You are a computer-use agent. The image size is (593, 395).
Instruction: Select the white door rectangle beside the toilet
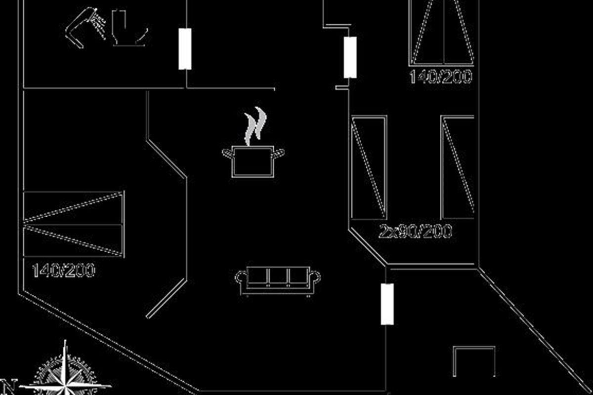(x=185, y=49)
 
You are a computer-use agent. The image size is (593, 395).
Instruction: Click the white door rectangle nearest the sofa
(x=387, y=304)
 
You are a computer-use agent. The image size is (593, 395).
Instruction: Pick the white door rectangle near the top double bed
(x=350, y=57)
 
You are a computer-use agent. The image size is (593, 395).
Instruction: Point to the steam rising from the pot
(x=255, y=126)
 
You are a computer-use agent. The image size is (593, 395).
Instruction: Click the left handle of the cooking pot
(x=228, y=154)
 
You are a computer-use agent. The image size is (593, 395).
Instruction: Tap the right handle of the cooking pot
(x=279, y=154)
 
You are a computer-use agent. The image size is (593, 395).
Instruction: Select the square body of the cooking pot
(x=253, y=161)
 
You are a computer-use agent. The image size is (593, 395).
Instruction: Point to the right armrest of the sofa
(x=315, y=277)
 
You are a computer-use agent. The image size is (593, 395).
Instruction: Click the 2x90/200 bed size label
(x=415, y=232)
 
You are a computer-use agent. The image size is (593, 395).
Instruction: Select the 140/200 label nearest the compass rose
(x=63, y=270)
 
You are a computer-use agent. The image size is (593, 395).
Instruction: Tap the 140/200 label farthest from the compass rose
(x=441, y=77)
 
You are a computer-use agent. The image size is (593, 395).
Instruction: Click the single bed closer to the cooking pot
(x=369, y=167)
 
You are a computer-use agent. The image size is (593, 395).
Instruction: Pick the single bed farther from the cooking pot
(x=457, y=167)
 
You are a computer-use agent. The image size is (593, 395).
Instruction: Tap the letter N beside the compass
(x=8, y=387)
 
